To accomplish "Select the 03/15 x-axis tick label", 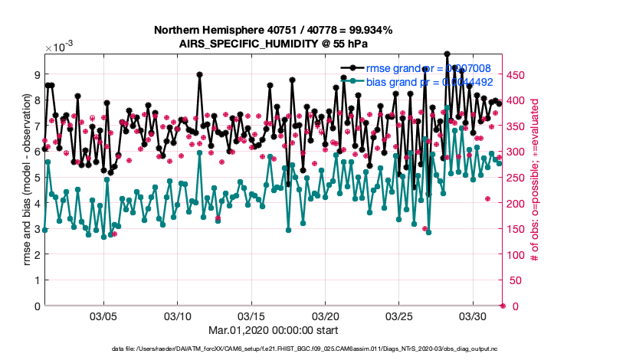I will pyautogui.click(x=251, y=316).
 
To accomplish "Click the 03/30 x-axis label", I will pyautogui.click(x=473, y=316).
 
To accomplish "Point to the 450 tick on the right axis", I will pyautogui.click(x=518, y=74).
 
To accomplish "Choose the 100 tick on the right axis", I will pyautogui.click(x=518, y=255).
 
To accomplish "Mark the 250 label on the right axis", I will pyautogui.click(x=518, y=178).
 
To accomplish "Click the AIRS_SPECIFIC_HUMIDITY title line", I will pyautogui.click(x=274, y=44).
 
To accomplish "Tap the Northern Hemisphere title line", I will pyautogui.click(x=274, y=31).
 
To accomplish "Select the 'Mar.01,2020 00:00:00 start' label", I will pyautogui.click(x=274, y=330).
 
